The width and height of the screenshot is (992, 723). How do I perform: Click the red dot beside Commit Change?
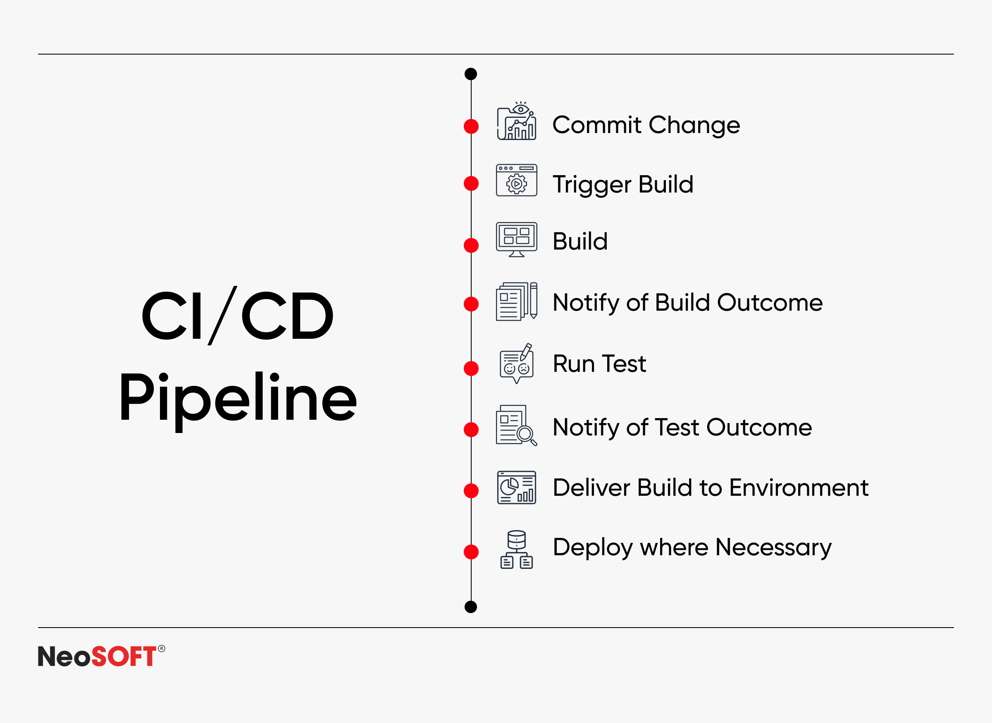pyautogui.click(x=471, y=126)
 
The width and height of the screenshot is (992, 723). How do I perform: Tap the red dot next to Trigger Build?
pyautogui.click(x=471, y=183)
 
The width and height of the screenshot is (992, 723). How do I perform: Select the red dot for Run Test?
pyautogui.click(x=471, y=369)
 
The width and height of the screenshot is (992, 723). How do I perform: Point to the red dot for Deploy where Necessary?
pyautogui.click(x=471, y=552)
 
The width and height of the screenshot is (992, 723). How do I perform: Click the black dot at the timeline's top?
pyautogui.click(x=471, y=74)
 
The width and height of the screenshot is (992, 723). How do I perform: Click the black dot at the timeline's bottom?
pyautogui.click(x=471, y=607)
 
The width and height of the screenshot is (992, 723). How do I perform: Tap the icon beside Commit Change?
pyautogui.click(x=517, y=121)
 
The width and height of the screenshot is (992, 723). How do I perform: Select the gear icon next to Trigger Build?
pyautogui.click(x=517, y=180)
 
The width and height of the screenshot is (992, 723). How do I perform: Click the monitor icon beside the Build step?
pyautogui.click(x=517, y=239)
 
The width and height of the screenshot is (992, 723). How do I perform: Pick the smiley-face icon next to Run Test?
pyautogui.click(x=517, y=363)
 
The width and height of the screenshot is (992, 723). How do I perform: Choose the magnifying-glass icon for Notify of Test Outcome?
pyautogui.click(x=517, y=426)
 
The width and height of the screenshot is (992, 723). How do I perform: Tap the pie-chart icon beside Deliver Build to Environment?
pyautogui.click(x=517, y=488)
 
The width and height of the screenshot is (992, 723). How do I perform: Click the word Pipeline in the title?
pyautogui.click(x=238, y=399)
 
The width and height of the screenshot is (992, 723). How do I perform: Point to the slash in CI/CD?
pyautogui.click(x=222, y=316)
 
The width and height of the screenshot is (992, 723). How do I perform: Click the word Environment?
pyautogui.click(x=799, y=488)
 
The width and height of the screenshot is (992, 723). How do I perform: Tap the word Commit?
pyautogui.click(x=597, y=125)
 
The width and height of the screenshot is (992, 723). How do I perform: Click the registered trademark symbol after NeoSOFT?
pyautogui.click(x=162, y=648)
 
